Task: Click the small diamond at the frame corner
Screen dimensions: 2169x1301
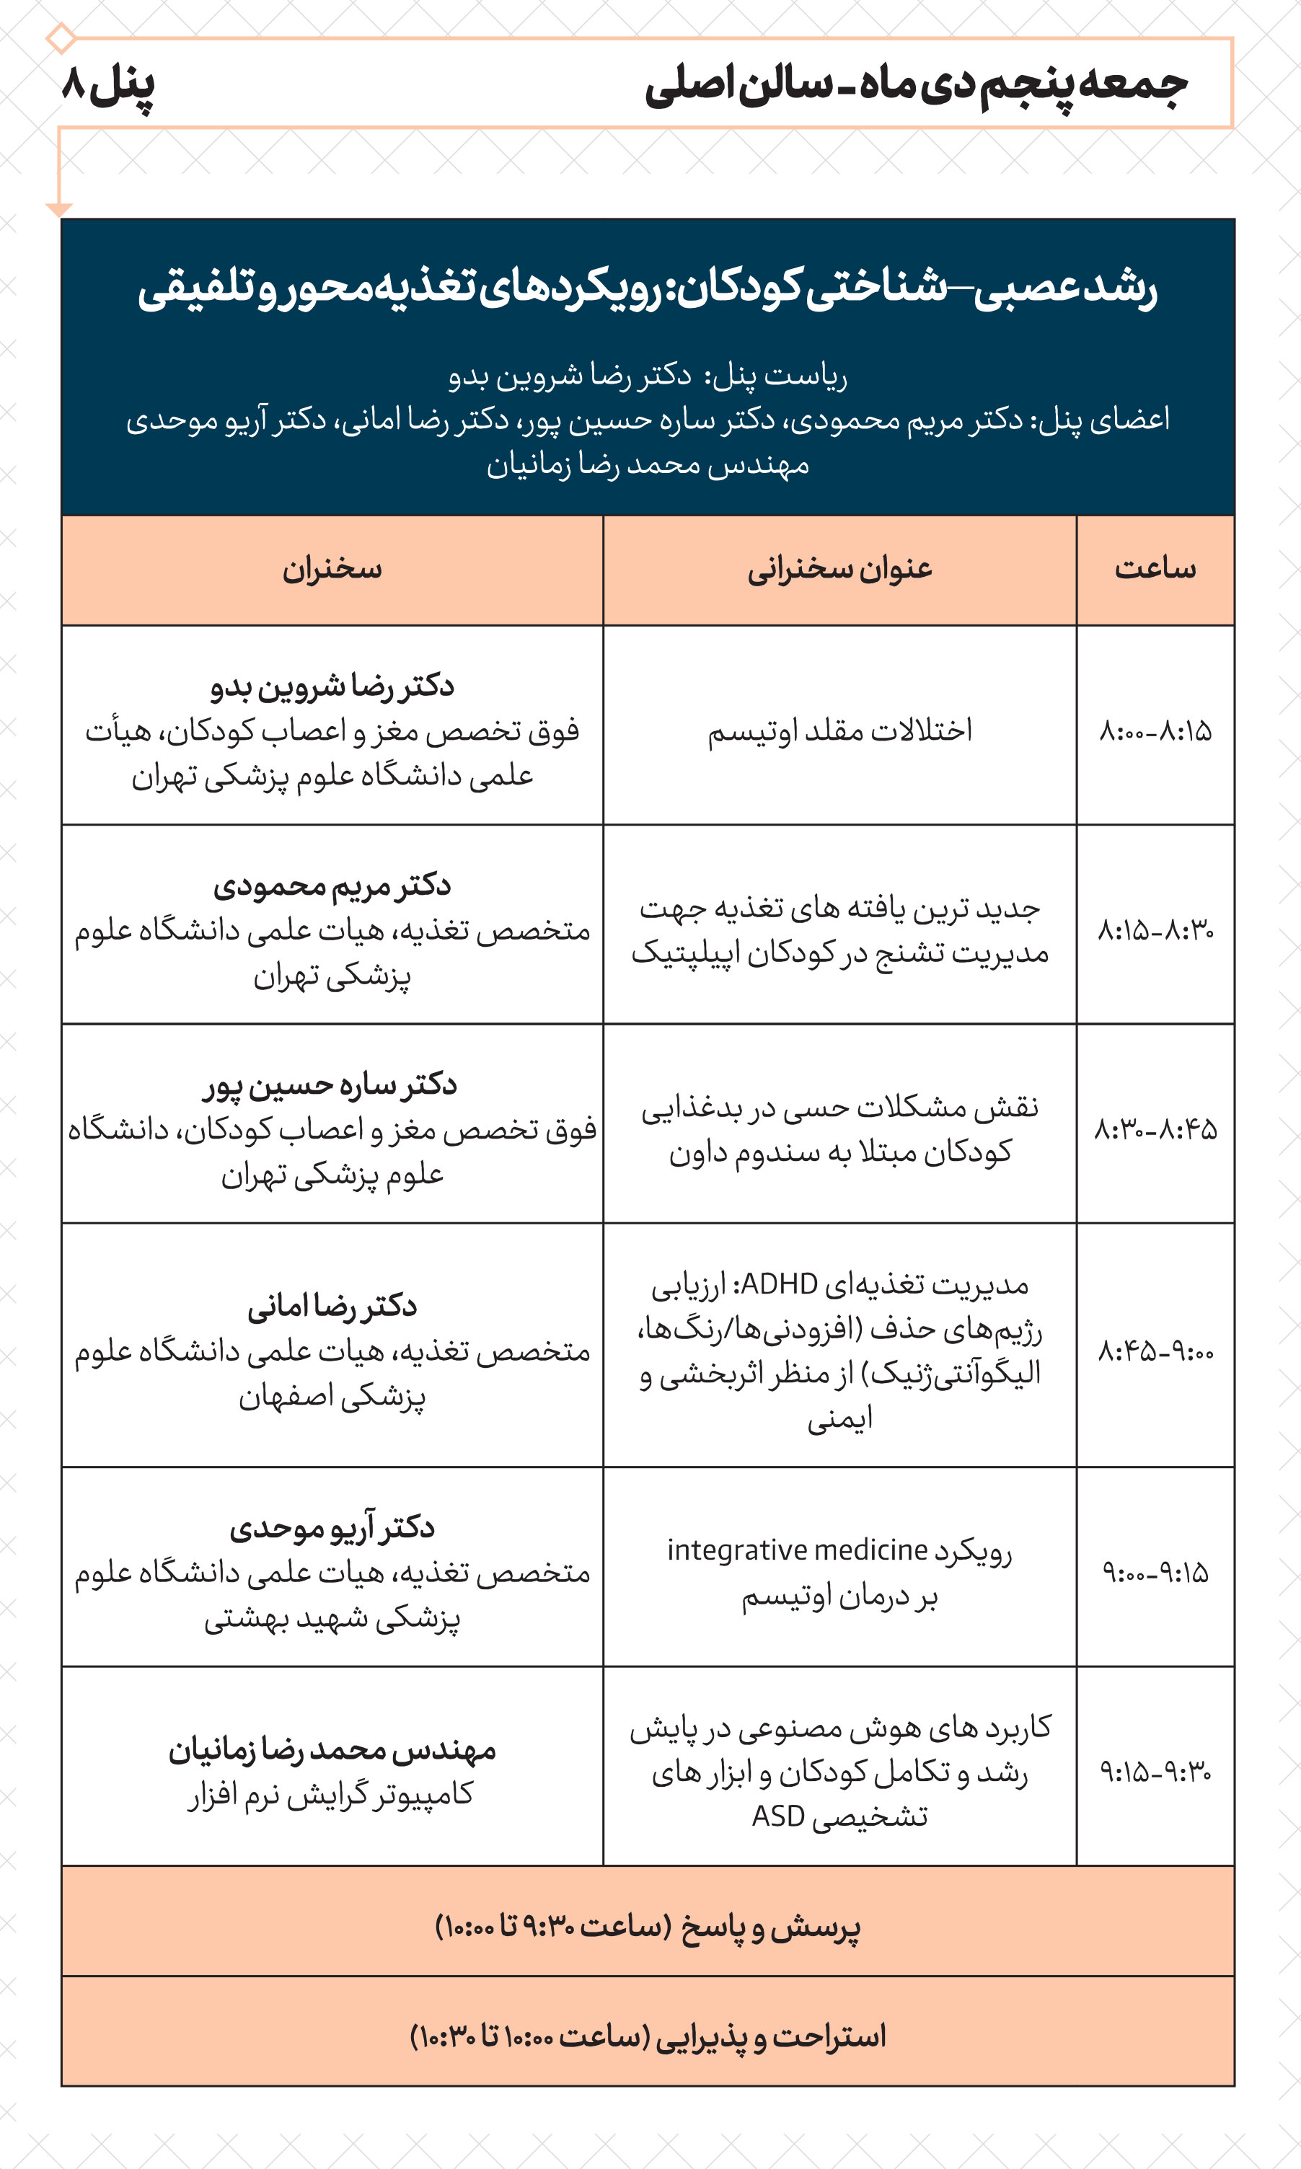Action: (61, 37)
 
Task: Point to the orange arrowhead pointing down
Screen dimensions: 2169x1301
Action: (58, 209)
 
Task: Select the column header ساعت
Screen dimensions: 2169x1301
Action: (1155, 570)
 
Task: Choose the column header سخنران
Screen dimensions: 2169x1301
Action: (332, 570)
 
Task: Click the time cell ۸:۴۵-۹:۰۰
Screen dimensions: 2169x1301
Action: (1155, 1351)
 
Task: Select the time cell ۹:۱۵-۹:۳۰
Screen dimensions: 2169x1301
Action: (1155, 1772)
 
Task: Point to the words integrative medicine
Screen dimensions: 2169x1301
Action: (797, 1550)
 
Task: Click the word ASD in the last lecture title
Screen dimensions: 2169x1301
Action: (777, 1816)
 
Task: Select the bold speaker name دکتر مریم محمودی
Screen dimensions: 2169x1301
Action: (332, 885)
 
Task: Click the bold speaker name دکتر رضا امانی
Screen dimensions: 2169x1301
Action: (332, 1306)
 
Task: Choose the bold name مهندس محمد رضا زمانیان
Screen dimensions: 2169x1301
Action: (332, 1749)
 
